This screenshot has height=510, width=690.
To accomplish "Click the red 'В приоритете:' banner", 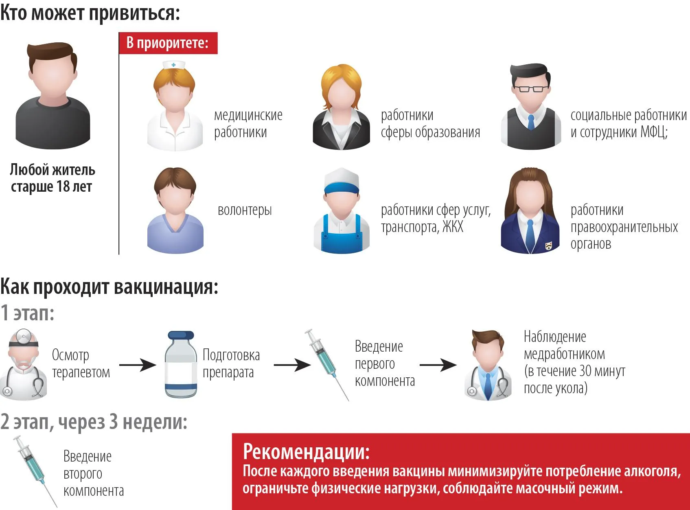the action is (x=168, y=43).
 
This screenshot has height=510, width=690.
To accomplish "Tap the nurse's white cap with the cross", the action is (x=173, y=65).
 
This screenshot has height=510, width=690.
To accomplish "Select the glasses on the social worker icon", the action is (x=531, y=88).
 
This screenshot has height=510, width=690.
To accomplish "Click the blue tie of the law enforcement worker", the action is (x=530, y=235).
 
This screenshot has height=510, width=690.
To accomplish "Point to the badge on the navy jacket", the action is (x=548, y=246).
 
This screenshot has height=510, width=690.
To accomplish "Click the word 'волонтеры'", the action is (x=245, y=210).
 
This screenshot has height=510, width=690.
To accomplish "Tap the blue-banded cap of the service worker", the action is (x=341, y=182).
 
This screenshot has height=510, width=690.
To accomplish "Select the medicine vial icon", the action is (x=181, y=364).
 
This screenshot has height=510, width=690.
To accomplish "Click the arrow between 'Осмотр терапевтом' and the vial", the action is (x=138, y=365).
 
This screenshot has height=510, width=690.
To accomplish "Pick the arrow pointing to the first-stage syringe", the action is (x=292, y=365).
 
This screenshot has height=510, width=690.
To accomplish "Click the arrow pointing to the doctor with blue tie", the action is (x=438, y=365).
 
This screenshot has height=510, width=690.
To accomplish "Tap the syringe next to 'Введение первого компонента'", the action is (x=326, y=365).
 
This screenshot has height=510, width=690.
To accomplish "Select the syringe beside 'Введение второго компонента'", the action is (x=35, y=471).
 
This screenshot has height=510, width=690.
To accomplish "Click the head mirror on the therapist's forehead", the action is (x=23, y=337).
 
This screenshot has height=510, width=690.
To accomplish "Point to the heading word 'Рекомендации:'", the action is (x=306, y=451).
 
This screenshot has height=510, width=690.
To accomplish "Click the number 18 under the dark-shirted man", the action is (x=63, y=187).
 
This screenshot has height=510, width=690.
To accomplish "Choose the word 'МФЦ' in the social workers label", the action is (x=653, y=132).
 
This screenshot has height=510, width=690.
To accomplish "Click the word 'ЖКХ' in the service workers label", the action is (x=453, y=227).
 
